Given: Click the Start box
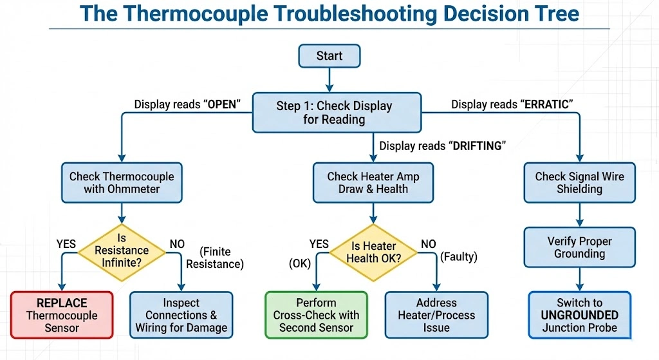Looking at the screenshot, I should click(329, 56).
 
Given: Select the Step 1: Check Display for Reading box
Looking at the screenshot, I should click(334, 113).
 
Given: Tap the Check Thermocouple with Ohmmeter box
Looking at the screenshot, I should click(122, 182).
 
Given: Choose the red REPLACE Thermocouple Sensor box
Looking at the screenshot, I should click(62, 315).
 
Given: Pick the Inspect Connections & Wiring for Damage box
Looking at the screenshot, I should click(181, 315).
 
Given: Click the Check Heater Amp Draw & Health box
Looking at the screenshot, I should click(373, 182).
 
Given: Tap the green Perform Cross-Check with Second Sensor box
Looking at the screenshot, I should click(316, 315).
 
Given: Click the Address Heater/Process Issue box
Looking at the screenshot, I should click(436, 315).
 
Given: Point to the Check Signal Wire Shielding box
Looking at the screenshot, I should click(579, 182).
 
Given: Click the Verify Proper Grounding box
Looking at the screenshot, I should click(579, 247).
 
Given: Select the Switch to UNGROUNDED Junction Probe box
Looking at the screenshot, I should click(579, 315).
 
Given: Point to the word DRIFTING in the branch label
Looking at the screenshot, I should click(476, 146).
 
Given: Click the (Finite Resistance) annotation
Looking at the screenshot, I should click(223, 258).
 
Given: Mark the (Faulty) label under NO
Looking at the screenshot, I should click(458, 258).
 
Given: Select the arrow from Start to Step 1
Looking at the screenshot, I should click(329, 79).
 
